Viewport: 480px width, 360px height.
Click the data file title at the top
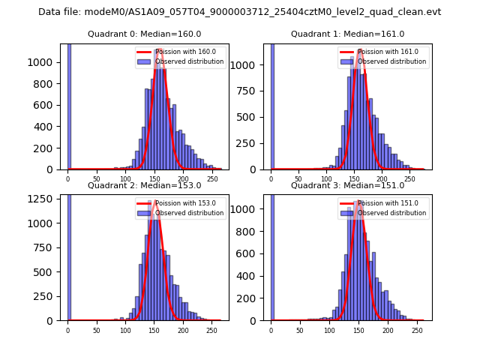[x=239, y=12]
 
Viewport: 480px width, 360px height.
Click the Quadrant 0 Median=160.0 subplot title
[x=144, y=34]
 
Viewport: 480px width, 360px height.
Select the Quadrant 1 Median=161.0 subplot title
[x=347, y=34]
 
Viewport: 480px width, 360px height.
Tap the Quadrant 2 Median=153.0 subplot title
[x=144, y=185]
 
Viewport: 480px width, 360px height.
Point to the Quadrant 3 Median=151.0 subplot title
[x=347, y=185]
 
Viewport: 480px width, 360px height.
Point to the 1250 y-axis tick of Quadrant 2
[x=45, y=199]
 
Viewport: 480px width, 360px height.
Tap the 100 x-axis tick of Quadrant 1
[x=326, y=179]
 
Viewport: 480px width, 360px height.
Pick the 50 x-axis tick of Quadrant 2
[x=97, y=330]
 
